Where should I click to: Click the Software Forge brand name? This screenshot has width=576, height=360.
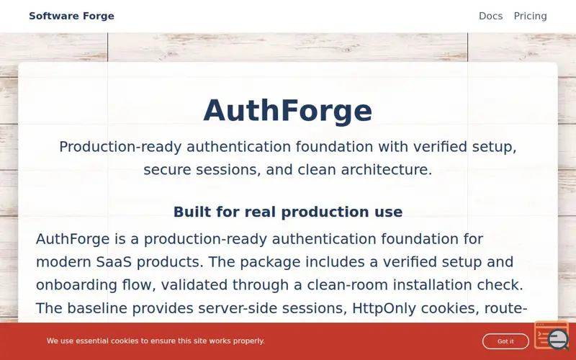[x=71, y=16]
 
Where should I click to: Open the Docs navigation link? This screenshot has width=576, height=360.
[x=490, y=16]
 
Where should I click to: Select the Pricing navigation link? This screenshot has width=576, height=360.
[x=530, y=16]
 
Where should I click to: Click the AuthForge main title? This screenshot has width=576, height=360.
[x=288, y=111]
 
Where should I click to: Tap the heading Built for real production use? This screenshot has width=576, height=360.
[x=288, y=212]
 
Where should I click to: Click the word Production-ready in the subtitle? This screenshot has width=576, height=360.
[x=120, y=147]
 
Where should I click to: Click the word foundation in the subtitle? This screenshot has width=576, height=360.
[x=343, y=147]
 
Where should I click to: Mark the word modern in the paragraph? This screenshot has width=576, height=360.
[x=61, y=262]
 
